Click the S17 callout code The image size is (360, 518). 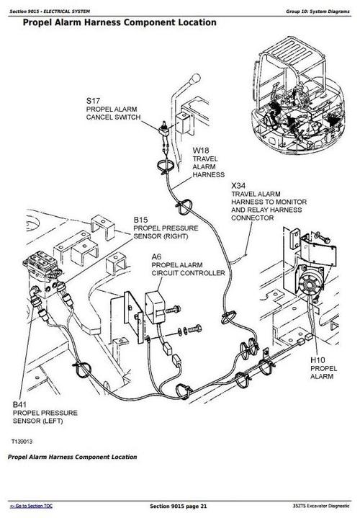pos(93,99)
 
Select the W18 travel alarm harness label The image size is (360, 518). pos(200,151)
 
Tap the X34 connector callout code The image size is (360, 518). pos(238,185)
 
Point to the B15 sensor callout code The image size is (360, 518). pos(140,220)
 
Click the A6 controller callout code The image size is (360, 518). pos(156,256)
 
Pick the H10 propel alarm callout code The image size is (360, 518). pos(318,359)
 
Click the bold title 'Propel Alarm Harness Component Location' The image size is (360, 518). pos(119,23)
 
